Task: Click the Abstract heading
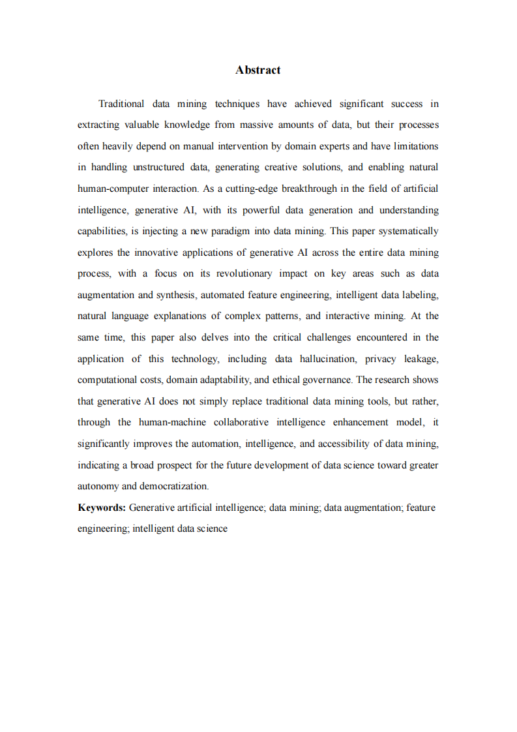pyautogui.click(x=258, y=70)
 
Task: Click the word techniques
pyautogui.click(x=237, y=104)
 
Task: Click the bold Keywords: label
pyautogui.click(x=102, y=508)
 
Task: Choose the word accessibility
pyautogui.click(x=344, y=444)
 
